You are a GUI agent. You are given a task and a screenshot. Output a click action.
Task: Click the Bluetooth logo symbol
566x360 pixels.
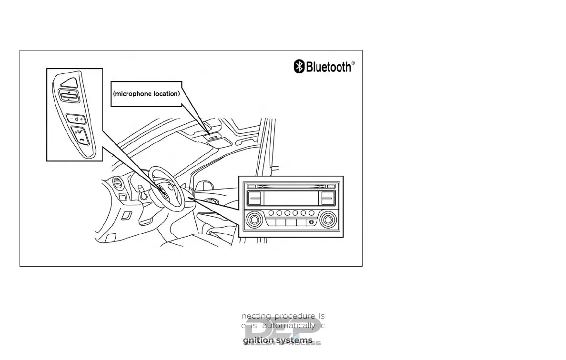pyautogui.click(x=299, y=67)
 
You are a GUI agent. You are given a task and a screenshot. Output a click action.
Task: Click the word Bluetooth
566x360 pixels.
pyautogui.click(x=328, y=67)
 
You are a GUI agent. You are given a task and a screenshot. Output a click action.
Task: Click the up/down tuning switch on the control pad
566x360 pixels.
pyautogui.click(x=69, y=96)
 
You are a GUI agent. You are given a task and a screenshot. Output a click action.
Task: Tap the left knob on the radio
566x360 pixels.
pyautogui.click(x=254, y=220)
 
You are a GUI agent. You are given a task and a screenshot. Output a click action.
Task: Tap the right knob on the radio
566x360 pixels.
pyautogui.click(x=328, y=220)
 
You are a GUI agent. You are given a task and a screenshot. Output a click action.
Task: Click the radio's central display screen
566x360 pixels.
pyautogui.click(x=291, y=198)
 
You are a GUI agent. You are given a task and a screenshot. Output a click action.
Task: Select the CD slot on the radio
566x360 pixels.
pyautogui.click(x=292, y=186)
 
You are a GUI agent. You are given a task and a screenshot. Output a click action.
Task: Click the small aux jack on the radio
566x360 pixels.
pyautogui.click(x=311, y=222)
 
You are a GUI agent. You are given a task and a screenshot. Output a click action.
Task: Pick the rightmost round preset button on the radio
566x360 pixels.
pyautogui.click(x=312, y=213)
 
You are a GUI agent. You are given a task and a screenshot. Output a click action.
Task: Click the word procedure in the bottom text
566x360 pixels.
pyautogui.click(x=295, y=316)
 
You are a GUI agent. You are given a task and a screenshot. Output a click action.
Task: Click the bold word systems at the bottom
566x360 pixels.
pyautogui.click(x=299, y=340)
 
